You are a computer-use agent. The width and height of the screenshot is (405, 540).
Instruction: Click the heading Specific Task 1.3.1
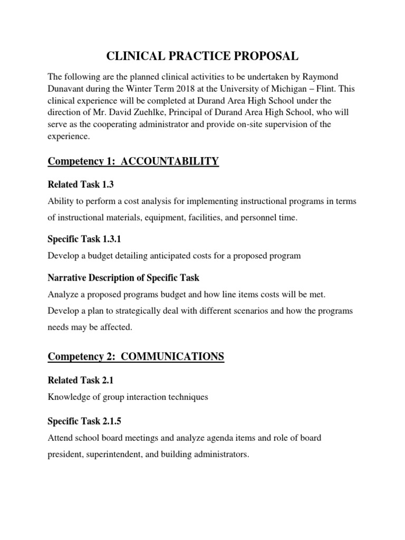point(84,239)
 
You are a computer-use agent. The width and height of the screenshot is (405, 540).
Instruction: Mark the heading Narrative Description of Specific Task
point(123,277)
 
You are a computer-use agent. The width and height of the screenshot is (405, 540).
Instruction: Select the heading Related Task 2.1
point(81,380)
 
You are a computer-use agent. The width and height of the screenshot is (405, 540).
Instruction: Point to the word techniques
point(186,397)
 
